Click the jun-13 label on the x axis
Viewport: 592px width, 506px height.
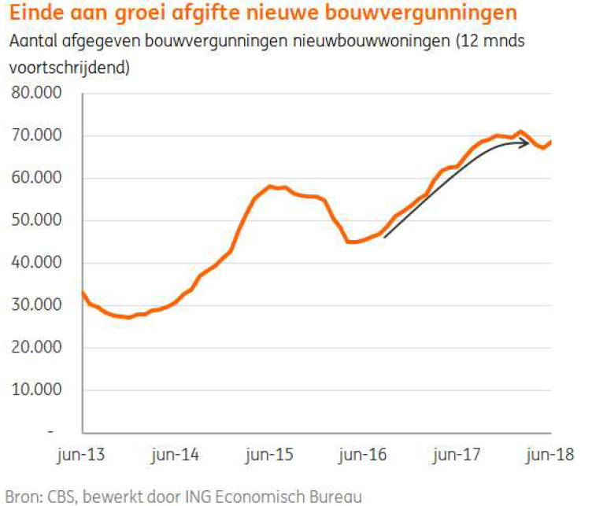coord(83,454)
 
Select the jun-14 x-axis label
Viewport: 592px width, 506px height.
coord(176,454)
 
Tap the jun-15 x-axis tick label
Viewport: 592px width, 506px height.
coord(270,454)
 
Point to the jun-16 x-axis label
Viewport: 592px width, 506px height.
coord(364,454)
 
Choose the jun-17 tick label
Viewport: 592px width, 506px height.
coord(457,454)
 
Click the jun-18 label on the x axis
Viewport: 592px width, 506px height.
coord(551,454)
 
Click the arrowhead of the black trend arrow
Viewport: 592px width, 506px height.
coord(524,143)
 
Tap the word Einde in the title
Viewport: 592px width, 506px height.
coord(35,13)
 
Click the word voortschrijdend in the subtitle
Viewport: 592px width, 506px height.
coord(69,67)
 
